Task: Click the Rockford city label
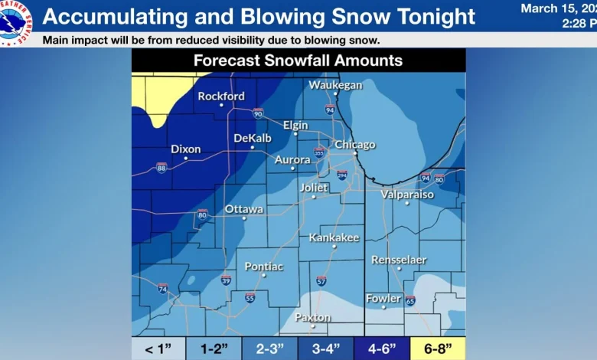[221, 97]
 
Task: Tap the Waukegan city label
[335, 85]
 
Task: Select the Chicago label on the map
[354, 145]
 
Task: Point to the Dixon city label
[185, 149]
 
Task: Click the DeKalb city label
[253, 138]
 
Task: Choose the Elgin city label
[295, 125]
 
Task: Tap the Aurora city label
[292, 159]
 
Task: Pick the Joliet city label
[313, 188]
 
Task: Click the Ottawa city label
[244, 209]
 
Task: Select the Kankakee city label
[334, 237]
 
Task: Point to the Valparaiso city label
[407, 195]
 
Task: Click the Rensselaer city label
[399, 260]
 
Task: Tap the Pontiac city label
[263, 267]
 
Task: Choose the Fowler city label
[383, 298]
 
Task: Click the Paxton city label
[313, 317]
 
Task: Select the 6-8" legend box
[438, 349]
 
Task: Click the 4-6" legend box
[382, 349]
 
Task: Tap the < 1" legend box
[159, 349]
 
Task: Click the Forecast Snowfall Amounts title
[298, 61]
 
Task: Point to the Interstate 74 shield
[162, 289]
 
